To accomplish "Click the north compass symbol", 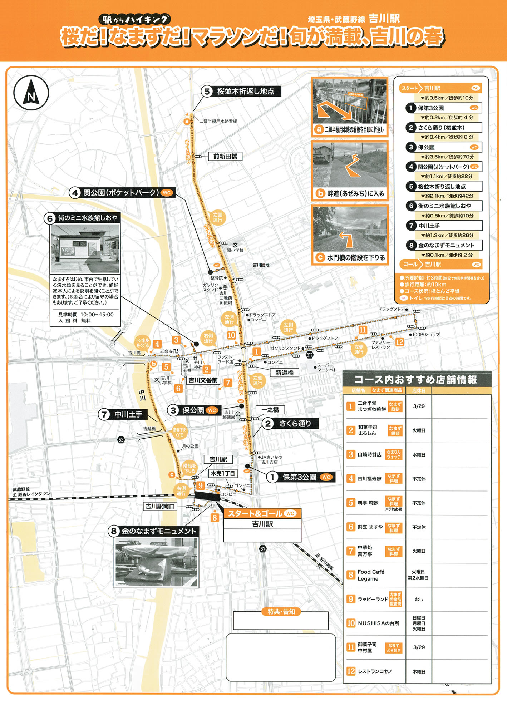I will [x=31, y=93].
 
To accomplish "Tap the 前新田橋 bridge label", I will [x=225, y=156].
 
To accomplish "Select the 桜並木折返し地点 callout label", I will [x=245, y=92].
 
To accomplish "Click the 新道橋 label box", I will [x=284, y=373].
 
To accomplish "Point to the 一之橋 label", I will [x=270, y=410].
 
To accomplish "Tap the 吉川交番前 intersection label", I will [x=203, y=380].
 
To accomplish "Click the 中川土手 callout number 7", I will [x=104, y=414].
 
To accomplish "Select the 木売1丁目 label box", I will [x=223, y=473].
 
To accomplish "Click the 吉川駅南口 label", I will [x=160, y=506].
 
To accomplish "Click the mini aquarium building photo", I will [x=85, y=248].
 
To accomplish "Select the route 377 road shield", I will [x=310, y=355].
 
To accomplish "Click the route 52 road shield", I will [x=121, y=439].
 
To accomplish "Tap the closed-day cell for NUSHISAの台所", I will [x=419, y=623].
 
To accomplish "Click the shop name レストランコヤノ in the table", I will [x=375, y=671].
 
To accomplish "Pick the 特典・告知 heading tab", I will [x=281, y=612].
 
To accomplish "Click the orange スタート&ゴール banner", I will [x=262, y=513].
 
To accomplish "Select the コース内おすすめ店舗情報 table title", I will [x=416, y=380].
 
